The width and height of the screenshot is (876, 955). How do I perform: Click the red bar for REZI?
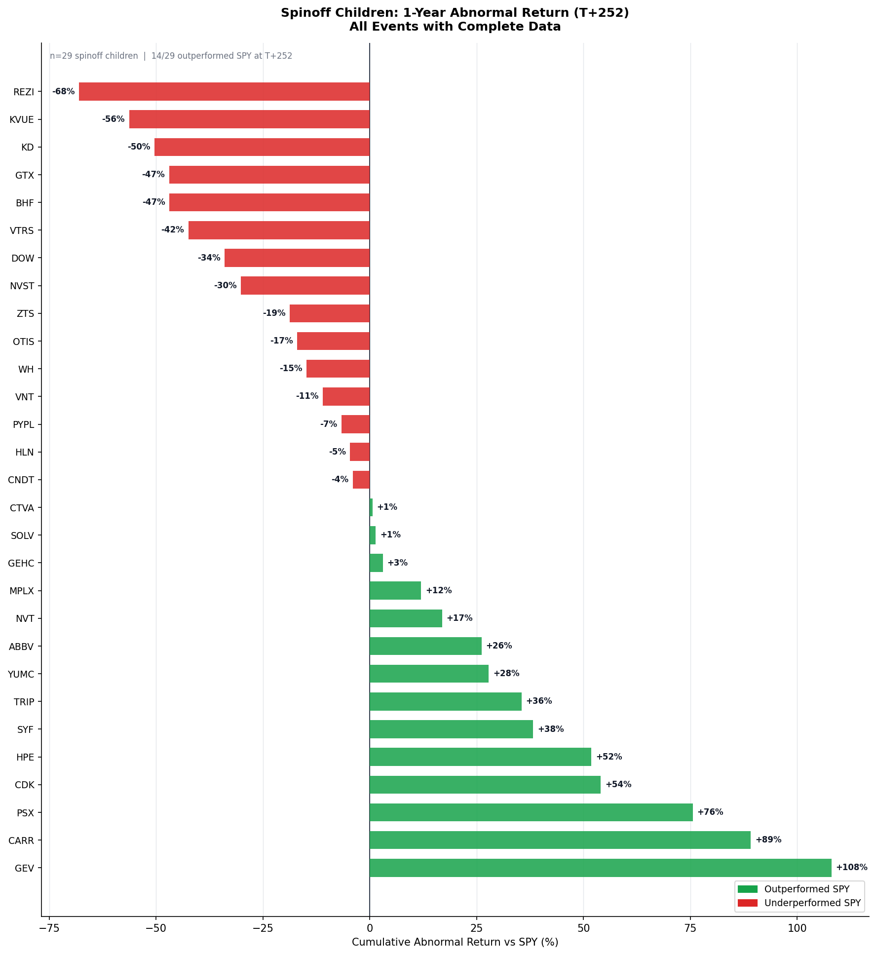pyautogui.click(x=224, y=92)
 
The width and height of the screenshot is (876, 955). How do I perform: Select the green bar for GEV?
pyautogui.click(x=600, y=868)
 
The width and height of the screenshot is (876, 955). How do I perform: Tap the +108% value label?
pyautogui.click(x=851, y=868)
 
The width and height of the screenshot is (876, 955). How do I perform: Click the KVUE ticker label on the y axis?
pyautogui.click(x=22, y=119)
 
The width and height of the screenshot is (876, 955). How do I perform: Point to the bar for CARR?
pyautogui.click(x=560, y=840)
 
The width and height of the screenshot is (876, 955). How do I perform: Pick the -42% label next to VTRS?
pyautogui.click(x=172, y=230)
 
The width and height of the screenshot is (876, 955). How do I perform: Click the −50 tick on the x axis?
pyautogui.click(x=156, y=928)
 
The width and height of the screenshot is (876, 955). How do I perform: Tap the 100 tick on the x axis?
pyautogui.click(x=797, y=928)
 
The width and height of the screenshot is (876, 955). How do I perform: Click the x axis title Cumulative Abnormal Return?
pyautogui.click(x=455, y=942)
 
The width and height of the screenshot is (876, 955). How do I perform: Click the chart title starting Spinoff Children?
pyautogui.click(x=455, y=20)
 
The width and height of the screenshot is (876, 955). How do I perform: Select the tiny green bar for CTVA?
pyautogui.click(x=371, y=507)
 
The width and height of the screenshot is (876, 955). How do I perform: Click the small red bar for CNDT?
pyautogui.click(x=361, y=480)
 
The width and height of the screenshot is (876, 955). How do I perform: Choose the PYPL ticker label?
pyautogui.click(x=23, y=424)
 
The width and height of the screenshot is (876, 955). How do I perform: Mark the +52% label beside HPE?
pyautogui.click(x=609, y=757)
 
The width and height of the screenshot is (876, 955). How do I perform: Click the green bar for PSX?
pyautogui.click(x=531, y=812)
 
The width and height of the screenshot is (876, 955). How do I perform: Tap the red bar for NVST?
pyautogui.click(x=305, y=286)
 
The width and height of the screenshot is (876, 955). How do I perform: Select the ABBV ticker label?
pyautogui.click(x=21, y=646)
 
